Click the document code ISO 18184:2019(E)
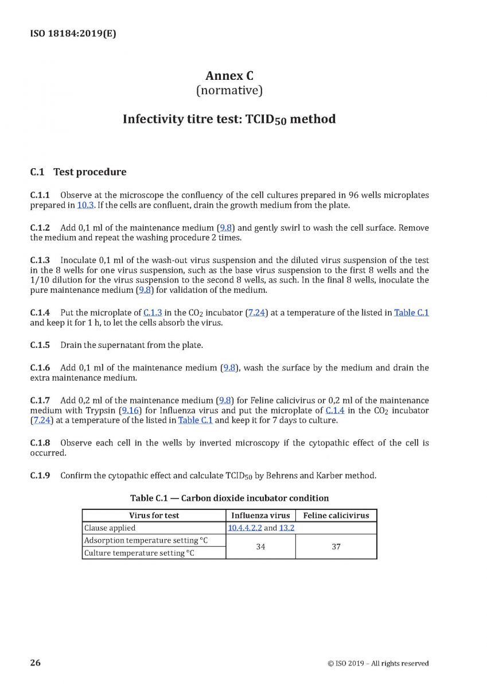(73, 33)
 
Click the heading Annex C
(229, 76)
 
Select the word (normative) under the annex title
(229, 90)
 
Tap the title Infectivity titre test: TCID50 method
(229, 119)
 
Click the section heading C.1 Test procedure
(78, 172)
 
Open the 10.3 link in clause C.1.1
(84, 205)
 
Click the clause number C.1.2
(40, 228)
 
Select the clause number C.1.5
(40, 345)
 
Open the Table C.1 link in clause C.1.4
(411, 313)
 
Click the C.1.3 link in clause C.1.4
(153, 313)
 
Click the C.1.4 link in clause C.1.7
(334, 411)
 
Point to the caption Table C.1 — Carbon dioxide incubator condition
(229, 498)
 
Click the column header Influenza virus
(260, 516)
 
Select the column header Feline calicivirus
(336, 516)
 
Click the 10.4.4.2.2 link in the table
(244, 528)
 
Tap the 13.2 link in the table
(286, 528)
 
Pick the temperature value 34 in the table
(260, 547)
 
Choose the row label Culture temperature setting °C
(139, 553)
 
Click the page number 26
(36, 663)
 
